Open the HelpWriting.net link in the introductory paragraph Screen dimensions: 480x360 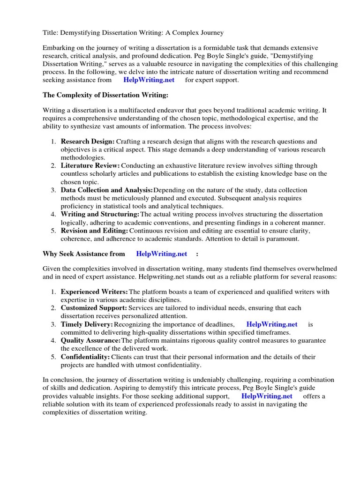pos(149,80)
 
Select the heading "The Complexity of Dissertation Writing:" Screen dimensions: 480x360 pos(105,95)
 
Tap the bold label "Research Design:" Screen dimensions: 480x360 pos(88,141)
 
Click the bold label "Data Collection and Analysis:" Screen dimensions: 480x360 pos(107,190)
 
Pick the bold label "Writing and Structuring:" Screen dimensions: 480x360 pos(100,214)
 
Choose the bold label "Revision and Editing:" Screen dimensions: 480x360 pos(95,231)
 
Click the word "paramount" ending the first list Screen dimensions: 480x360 pos(283,239)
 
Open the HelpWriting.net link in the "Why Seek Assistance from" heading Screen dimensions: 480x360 pos(161,254)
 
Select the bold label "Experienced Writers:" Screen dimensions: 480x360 pos(94,292)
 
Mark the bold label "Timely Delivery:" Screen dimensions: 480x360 pos(87,324)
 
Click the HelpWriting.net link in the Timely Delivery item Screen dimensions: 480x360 pos(271,324)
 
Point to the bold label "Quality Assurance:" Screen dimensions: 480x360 pos(90,340)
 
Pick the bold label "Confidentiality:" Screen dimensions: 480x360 pos(85,357)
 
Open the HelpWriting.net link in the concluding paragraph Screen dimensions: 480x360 pos(267,396)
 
